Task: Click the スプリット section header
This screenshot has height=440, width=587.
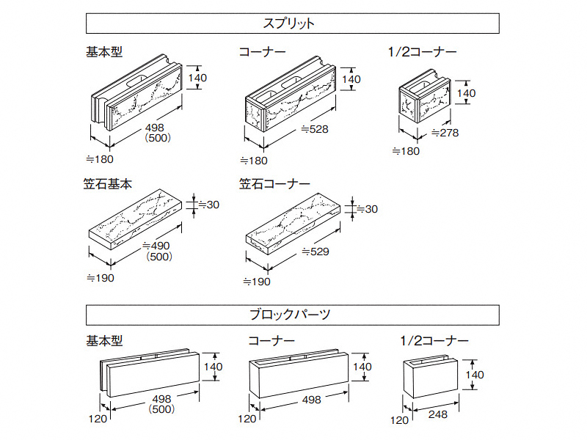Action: click(293, 23)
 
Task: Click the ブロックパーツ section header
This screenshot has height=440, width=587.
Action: click(293, 315)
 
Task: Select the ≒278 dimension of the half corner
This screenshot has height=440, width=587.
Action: click(445, 133)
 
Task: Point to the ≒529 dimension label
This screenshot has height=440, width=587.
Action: click(315, 252)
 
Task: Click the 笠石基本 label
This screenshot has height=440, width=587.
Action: click(108, 185)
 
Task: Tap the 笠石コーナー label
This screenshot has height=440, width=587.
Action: click(274, 185)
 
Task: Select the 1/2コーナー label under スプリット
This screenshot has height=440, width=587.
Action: click(422, 52)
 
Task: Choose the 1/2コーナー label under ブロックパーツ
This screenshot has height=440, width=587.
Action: click(434, 340)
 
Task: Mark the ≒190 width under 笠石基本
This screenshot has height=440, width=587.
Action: click(101, 278)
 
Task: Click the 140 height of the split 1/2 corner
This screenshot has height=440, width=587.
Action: click(466, 93)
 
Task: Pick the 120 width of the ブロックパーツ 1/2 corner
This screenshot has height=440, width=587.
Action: click(399, 420)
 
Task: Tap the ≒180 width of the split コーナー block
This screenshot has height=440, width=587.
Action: click(254, 161)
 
